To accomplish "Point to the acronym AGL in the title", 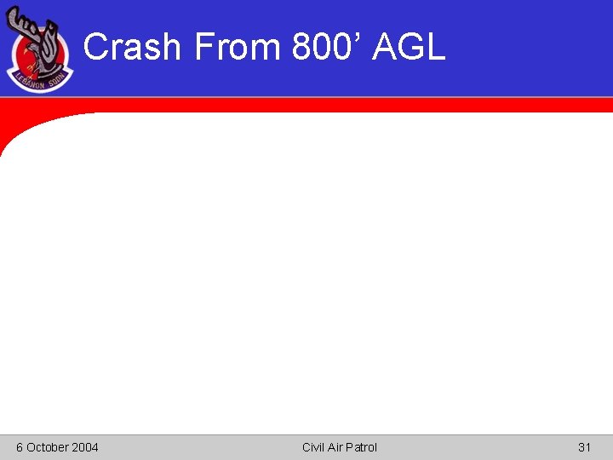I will coord(410,47).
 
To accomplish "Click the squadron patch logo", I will coord(40,51).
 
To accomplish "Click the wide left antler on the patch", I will coord(25,26).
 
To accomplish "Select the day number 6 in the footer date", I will coord(20,447).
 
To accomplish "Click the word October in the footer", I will coord(47,447).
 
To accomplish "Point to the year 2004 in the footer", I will coord(84,447).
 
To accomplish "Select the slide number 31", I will coord(584,447).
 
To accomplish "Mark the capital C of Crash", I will coord(97,47).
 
